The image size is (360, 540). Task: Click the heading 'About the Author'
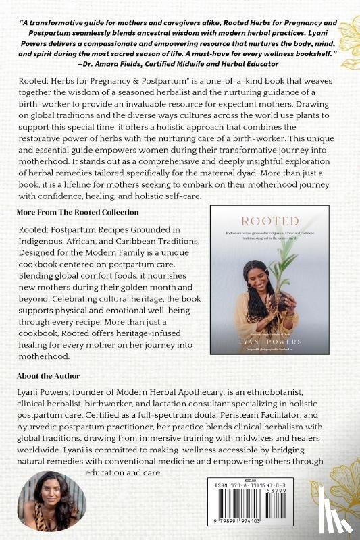coord(49,375)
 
